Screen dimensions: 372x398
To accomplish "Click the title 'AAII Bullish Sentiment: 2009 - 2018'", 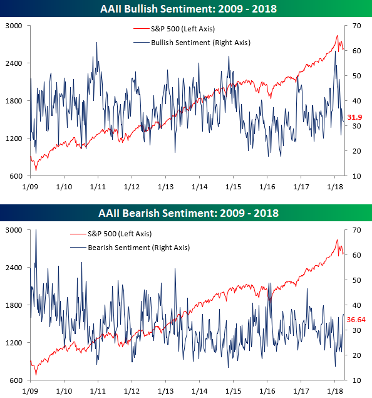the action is pos(188,9).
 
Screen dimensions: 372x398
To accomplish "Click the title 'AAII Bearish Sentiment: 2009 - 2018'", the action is pos(189,213).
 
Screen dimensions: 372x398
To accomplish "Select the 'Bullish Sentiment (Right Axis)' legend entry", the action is pos(192,43).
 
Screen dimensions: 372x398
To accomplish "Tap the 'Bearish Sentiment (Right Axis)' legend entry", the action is pos(130,248).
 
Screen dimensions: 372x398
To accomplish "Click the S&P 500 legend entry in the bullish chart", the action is pos(174,29).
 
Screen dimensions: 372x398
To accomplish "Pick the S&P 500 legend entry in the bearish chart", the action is pos(111,234).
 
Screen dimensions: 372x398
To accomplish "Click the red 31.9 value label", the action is pos(354,117).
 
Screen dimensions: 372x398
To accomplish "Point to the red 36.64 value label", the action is pos(356,320).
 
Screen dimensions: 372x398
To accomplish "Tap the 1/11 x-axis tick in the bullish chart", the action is pos(98,187).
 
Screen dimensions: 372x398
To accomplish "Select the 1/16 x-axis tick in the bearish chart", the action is pos(267,391).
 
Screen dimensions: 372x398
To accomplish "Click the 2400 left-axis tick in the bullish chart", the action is pos(14,63).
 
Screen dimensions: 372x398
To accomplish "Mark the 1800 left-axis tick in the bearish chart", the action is pos(14,305).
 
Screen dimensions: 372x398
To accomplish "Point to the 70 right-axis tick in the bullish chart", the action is pos(356,26).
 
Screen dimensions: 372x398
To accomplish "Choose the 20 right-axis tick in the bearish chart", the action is pos(356,355).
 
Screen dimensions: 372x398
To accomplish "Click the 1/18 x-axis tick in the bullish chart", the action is pos(334,187).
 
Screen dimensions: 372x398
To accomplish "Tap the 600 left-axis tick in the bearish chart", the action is pos(16,380).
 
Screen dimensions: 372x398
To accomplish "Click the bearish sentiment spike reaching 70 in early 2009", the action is pos(36,230).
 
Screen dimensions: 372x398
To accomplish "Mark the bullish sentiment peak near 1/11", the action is pos(96,43).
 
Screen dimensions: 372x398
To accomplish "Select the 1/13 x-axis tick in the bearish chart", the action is pos(165,391).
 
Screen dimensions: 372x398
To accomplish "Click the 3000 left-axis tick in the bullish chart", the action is pos(14,26).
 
